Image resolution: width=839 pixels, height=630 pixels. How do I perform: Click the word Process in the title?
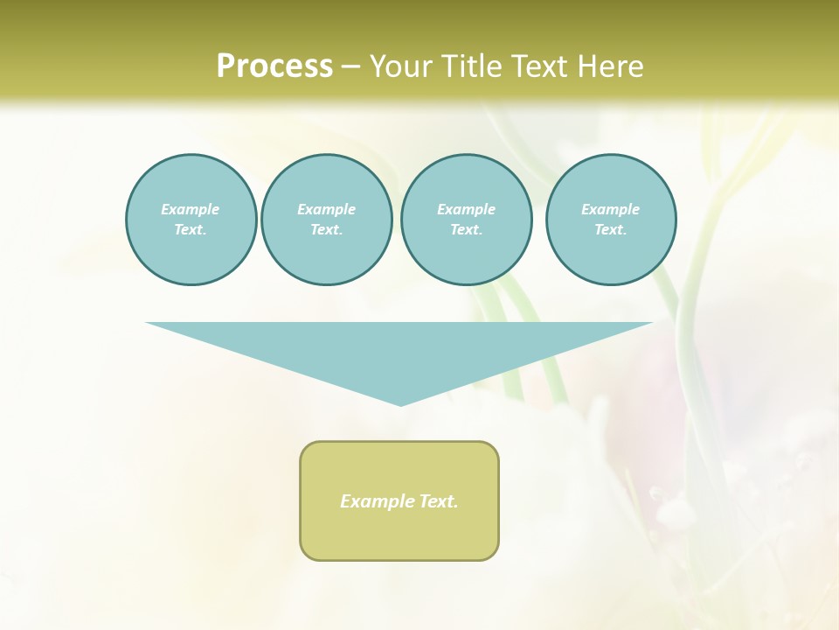274,66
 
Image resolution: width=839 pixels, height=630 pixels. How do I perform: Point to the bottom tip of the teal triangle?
400,403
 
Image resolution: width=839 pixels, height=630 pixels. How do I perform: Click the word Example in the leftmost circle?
191,209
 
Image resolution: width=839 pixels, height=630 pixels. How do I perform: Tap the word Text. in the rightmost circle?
611,229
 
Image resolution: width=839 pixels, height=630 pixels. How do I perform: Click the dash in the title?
350,66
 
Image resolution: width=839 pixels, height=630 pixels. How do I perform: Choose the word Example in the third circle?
466,209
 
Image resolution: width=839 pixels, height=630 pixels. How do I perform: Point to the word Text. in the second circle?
326,229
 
